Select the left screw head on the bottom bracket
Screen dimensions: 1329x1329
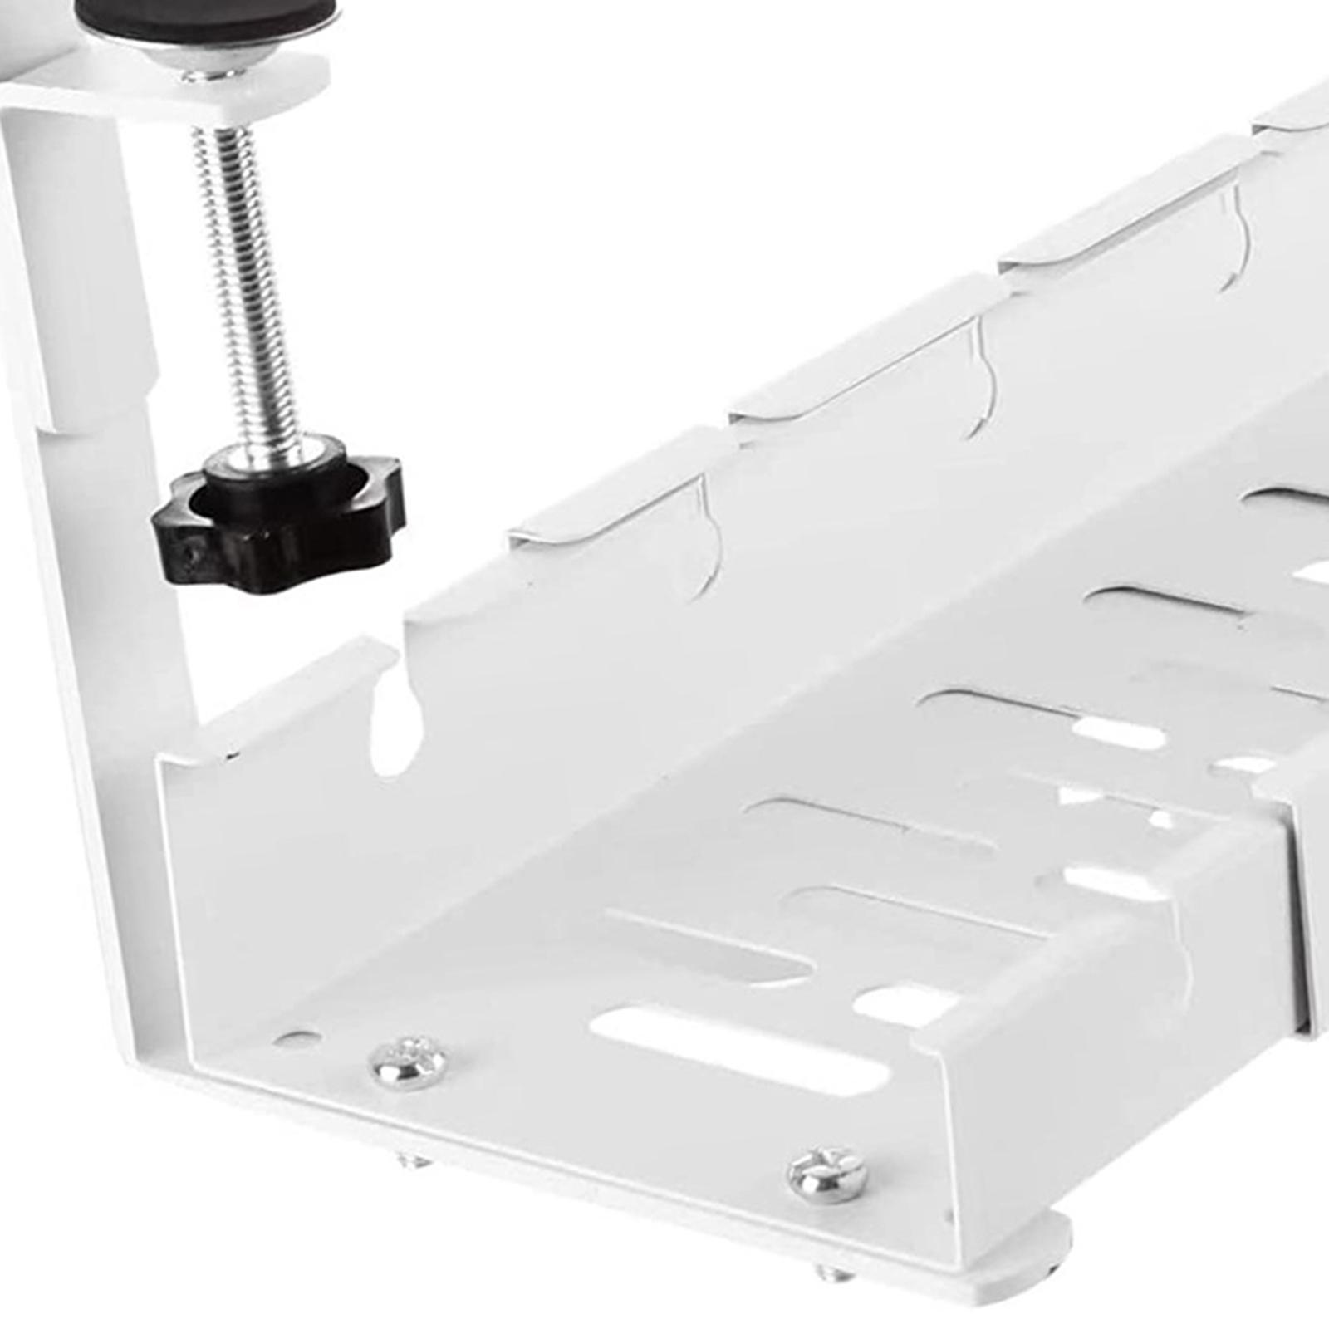(407, 1062)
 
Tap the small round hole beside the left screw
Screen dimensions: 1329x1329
(295, 1037)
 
